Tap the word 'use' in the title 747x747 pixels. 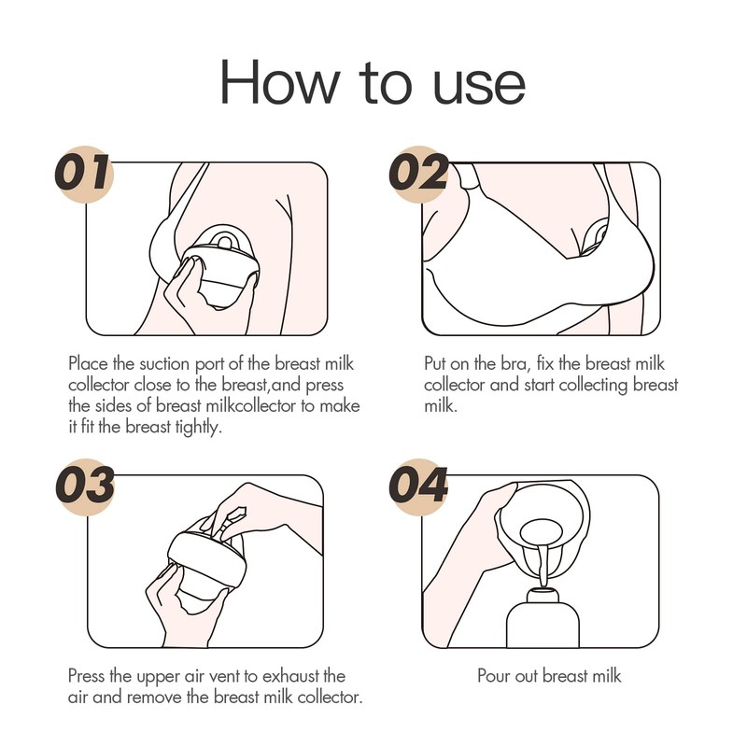click(479, 87)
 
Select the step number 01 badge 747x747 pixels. click(85, 173)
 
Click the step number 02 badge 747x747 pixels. click(418, 173)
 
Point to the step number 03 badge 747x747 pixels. click(86, 486)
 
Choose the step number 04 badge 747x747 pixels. click(418, 486)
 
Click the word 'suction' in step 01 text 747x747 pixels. click(164, 364)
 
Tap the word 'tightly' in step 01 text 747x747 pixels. click(198, 427)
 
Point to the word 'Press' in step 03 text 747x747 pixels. click(86, 676)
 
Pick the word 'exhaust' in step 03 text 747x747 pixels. click(290, 676)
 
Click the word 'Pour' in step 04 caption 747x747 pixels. click(493, 676)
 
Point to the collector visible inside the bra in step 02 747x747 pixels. click(595, 235)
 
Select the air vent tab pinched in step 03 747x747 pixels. click(232, 520)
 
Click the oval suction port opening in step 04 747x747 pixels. click(542, 532)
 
